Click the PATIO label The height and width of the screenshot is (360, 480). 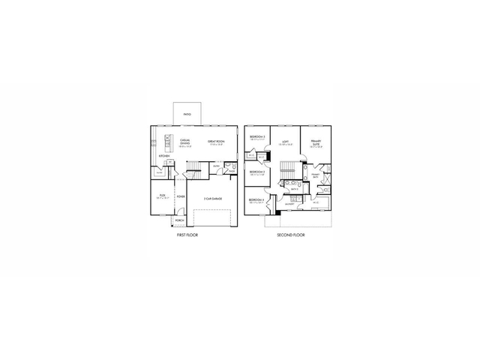click(x=187, y=114)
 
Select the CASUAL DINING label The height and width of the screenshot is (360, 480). click(x=184, y=140)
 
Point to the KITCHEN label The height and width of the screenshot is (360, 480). click(x=163, y=155)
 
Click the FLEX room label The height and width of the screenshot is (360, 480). click(x=162, y=195)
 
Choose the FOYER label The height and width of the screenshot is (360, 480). click(x=181, y=196)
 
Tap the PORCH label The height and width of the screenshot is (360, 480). click(x=179, y=220)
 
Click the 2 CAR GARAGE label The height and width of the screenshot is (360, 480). click(x=213, y=198)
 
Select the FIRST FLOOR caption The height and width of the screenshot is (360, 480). click(x=187, y=235)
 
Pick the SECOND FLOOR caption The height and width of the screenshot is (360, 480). click(x=291, y=235)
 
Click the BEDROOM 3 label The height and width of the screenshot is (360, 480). click(x=257, y=137)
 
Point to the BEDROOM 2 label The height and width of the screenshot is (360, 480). click(x=257, y=172)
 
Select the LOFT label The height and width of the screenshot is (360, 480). click(x=286, y=140)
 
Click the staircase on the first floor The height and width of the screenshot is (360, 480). click(x=193, y=166)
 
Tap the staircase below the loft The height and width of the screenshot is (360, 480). click(x=286, y=170)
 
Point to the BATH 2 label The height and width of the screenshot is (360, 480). click(x=295, y=189)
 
